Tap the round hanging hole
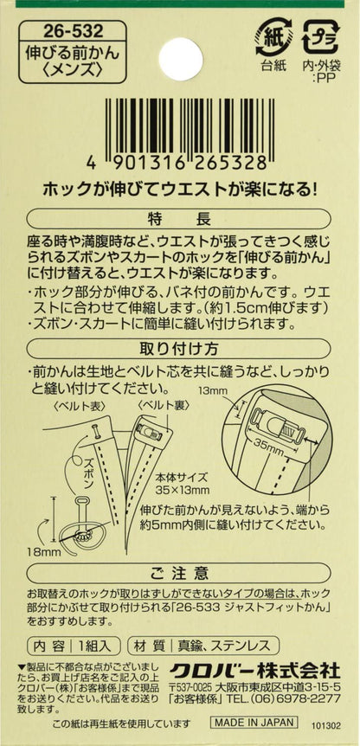click(178, 54)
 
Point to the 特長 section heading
click(179, 218)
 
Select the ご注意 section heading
click(179, 572)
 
